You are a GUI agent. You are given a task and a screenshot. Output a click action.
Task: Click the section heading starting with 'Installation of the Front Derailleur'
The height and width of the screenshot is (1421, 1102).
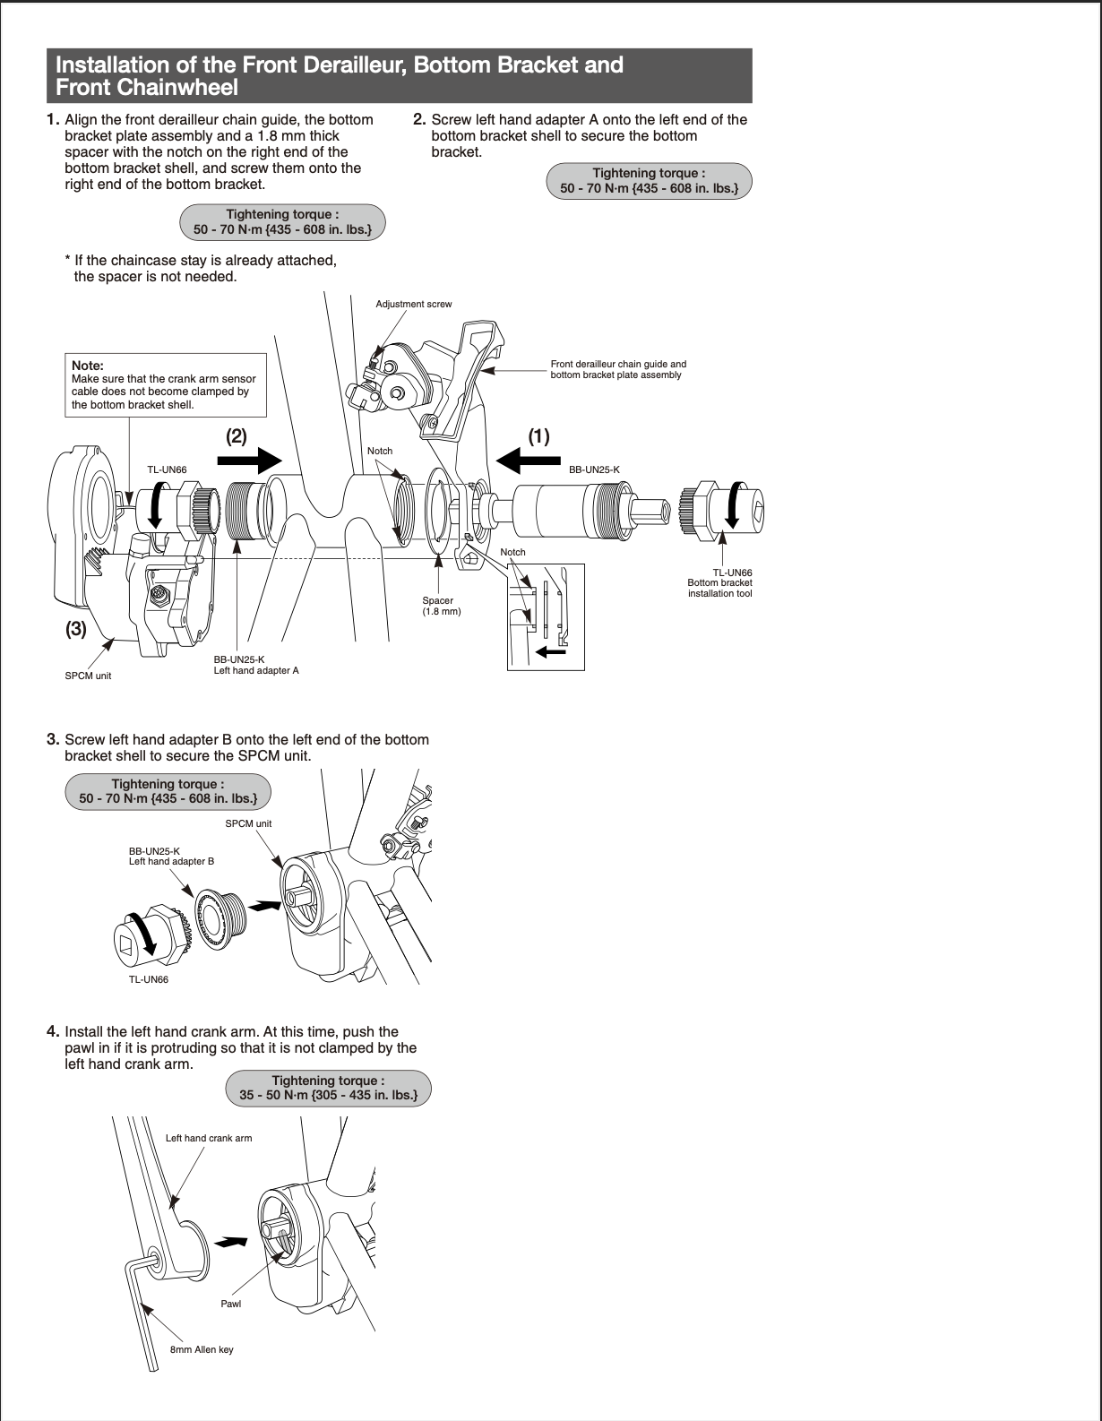(399, 76)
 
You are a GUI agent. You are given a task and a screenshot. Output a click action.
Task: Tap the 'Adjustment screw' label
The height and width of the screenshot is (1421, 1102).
(414, 305)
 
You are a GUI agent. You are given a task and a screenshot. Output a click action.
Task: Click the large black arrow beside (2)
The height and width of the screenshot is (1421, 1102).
(250, 461)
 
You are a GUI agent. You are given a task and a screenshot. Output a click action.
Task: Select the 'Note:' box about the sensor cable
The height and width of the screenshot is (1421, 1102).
(166, 385)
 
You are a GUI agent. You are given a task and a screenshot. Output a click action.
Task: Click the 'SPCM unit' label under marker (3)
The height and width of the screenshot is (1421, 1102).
(88, 676)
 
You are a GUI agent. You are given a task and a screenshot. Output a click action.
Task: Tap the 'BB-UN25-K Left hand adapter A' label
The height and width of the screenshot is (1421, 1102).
(256, 665)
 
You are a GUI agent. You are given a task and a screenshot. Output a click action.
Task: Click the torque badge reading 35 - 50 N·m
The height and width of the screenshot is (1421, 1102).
(328, 1088)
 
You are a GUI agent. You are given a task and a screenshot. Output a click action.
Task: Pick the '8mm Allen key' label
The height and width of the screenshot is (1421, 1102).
(202, 1349)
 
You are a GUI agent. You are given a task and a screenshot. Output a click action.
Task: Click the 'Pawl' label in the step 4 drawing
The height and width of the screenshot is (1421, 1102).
(231, 1304)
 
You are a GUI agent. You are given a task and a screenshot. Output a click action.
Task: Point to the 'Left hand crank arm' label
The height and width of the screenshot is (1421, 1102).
(209, 1138)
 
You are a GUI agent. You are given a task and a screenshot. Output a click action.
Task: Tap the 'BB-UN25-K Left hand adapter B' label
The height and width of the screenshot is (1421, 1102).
(171, 857)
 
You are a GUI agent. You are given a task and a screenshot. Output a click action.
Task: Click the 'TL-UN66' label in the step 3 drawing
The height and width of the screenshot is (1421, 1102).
(149, 979)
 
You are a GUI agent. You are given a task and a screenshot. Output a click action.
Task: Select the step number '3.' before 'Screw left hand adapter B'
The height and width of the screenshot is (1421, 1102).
(53, 739)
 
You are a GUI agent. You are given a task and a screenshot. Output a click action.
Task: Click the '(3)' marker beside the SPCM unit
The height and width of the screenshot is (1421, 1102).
(76, 629)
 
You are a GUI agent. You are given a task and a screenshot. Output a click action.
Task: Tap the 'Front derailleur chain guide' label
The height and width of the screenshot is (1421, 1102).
(618, 369)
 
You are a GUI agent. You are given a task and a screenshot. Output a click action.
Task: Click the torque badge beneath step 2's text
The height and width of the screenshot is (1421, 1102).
(650, 181)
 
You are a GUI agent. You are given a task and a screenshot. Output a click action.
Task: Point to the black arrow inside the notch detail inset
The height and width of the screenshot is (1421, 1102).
(551, 651)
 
